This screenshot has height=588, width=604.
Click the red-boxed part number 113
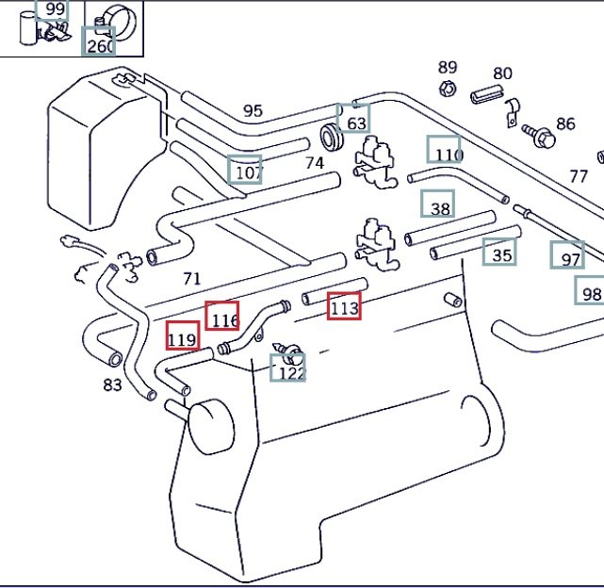tap(344, 306)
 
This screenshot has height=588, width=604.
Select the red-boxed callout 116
tap(222, 318)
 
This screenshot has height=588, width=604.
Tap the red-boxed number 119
tap(183, 337)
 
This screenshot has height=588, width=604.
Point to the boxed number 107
tap(246, 171)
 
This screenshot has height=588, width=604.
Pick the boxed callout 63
tap(355, 122)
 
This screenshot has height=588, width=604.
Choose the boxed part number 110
tap(445, 152)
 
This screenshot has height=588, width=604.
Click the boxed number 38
tap(438, 206)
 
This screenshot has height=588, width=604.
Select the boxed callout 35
tap(500, 253)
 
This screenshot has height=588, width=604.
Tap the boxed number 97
tap(569, 257)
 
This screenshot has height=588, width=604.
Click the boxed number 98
tap(590, 292)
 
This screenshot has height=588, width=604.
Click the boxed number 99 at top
tap(54, 10)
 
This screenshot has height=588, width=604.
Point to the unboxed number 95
tap(253, 110)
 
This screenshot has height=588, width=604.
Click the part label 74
tap(315, 163)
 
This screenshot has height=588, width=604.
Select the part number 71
tap(191, 278)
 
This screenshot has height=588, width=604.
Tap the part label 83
tap(113, 384)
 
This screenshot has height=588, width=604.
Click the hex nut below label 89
tap(448, 90)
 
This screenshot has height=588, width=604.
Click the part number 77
tap(579, 176)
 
